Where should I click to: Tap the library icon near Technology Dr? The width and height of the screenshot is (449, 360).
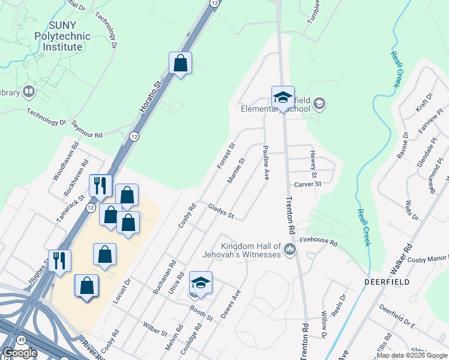click(x=28, y=92)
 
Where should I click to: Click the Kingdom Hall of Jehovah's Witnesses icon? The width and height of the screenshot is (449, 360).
click(x=290, y=249)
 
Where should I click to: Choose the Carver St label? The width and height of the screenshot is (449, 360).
click(x=307, y=184)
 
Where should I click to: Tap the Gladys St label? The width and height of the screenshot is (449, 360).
click(x=220, y=211)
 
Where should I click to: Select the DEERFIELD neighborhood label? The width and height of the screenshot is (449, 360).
click(x=386, y=281)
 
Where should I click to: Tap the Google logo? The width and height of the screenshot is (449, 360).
click(x=19, y=353)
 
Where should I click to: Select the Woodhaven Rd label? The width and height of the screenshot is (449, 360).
click(x=67, y=161)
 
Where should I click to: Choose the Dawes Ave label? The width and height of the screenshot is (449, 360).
click(x=231, y=304)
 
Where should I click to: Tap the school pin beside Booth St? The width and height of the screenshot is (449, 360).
click(x=200, y=284)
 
